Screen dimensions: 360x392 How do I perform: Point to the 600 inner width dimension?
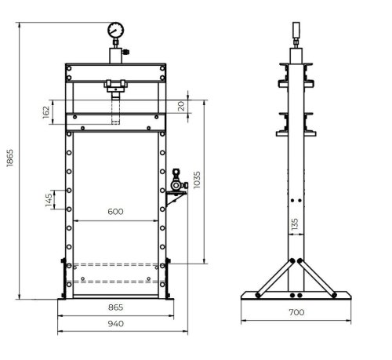point(116,211)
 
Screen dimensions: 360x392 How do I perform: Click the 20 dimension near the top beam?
point(181,107)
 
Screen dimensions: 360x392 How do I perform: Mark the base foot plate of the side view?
point(296,296)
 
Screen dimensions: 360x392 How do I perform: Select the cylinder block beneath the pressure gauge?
point(115,56)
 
